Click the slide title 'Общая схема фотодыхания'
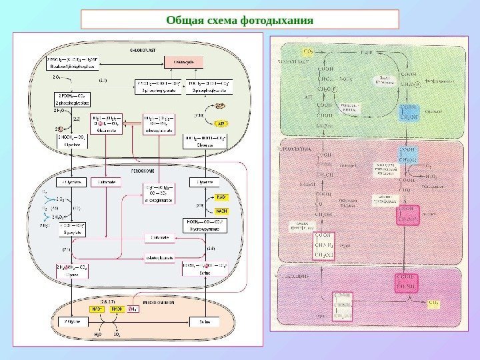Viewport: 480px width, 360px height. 240,19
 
